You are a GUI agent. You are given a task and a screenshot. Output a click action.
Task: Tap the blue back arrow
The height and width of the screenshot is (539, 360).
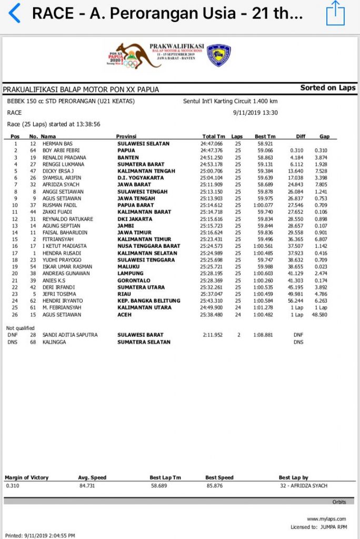pos(15,13)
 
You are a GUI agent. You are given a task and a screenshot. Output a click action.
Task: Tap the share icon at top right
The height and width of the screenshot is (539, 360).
pos(335,13)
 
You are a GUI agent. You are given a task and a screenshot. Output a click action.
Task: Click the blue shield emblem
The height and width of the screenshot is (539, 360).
pos(218,55)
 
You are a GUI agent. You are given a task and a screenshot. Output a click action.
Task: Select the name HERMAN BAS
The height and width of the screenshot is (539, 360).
pos(57,144)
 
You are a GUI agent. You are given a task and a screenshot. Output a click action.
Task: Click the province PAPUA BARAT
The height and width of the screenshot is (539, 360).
pos(135,205)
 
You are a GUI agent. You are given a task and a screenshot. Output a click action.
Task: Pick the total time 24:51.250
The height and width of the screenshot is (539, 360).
pos(212,157)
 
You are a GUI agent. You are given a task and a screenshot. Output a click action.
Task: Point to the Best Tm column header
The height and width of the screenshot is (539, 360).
pos(265,137)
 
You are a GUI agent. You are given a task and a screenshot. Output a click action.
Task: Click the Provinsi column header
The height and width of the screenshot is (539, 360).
pos(126,137)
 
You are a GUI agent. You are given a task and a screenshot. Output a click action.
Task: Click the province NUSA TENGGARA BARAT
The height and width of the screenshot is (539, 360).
pos(148,246)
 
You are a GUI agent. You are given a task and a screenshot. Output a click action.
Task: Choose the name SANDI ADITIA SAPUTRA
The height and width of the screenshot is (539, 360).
pos(70,335)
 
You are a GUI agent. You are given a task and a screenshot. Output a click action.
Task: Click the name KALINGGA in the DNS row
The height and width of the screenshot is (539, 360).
pos(55,342)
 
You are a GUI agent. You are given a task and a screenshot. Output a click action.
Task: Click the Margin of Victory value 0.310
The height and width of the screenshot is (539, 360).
pos(12,485)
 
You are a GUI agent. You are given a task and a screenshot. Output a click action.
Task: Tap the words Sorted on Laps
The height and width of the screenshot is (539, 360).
pos(328,88)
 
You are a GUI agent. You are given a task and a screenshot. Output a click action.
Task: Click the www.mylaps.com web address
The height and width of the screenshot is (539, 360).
pos(326,519)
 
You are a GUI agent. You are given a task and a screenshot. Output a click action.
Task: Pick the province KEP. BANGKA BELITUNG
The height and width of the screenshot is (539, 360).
pos(148,301)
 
